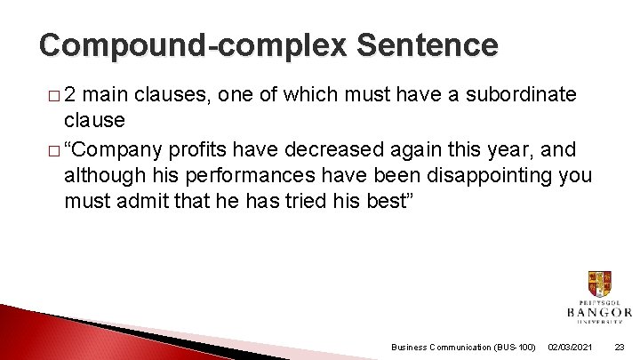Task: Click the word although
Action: (x=101, y=176)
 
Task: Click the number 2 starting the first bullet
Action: (x=70, y=94)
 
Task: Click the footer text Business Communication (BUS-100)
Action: (x=463, y=347)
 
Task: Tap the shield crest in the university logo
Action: (x=599, y=284)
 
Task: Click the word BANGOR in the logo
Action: (x=599, y=312)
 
